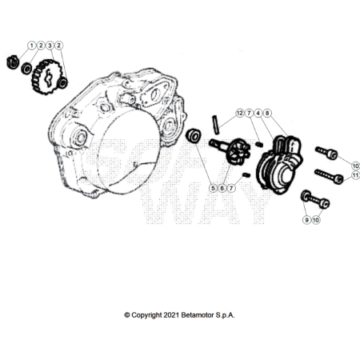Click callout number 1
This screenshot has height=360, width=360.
(32, 46)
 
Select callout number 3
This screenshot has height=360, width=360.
(50, 46)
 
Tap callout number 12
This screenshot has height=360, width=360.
(240, 113)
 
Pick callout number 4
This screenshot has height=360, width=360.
(258, 113)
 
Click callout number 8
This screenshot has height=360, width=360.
(267, 113)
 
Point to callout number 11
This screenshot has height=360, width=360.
(355, 175)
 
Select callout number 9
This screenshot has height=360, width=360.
(306, 220)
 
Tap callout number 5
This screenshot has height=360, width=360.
(213, 188)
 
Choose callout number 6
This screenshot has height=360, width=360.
(222, 188)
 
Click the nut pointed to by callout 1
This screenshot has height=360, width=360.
(13, 62)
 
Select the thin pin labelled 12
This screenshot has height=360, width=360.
(216, 125)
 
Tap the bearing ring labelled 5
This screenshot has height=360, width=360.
(194, 136)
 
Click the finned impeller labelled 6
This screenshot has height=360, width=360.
(238, 151)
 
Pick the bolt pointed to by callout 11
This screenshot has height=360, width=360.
(329, 176)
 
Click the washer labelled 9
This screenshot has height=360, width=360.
(305, 196)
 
